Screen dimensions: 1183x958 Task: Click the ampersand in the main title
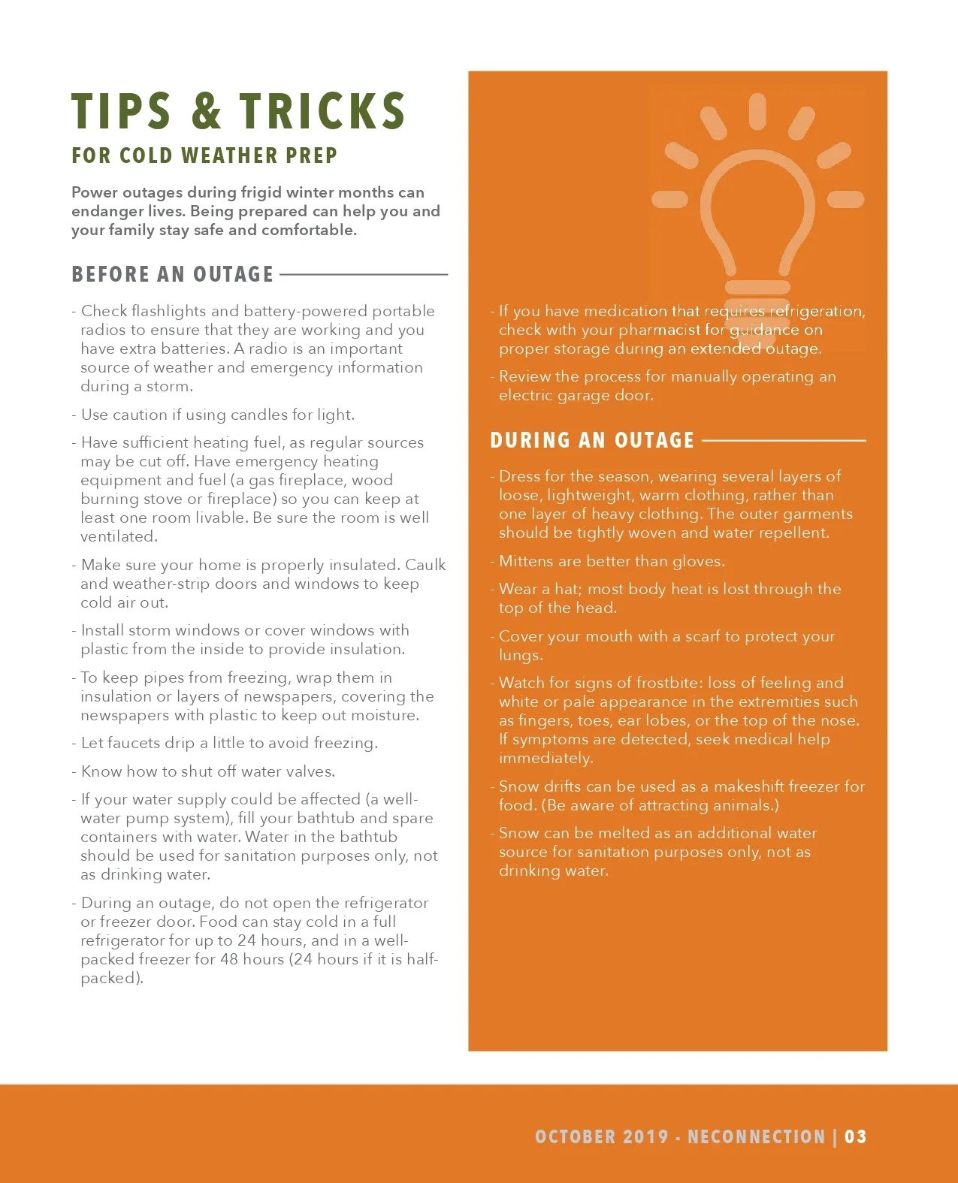207,111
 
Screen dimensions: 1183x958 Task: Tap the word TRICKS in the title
323,111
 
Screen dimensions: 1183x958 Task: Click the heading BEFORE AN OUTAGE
173,274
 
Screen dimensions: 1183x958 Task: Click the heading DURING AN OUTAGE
592,440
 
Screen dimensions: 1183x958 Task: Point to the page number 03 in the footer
856,1136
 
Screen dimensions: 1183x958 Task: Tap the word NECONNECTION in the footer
757,1136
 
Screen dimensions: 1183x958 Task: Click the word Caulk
425,565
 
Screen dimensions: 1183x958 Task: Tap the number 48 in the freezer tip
230,959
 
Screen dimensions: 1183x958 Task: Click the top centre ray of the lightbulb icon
757,111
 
